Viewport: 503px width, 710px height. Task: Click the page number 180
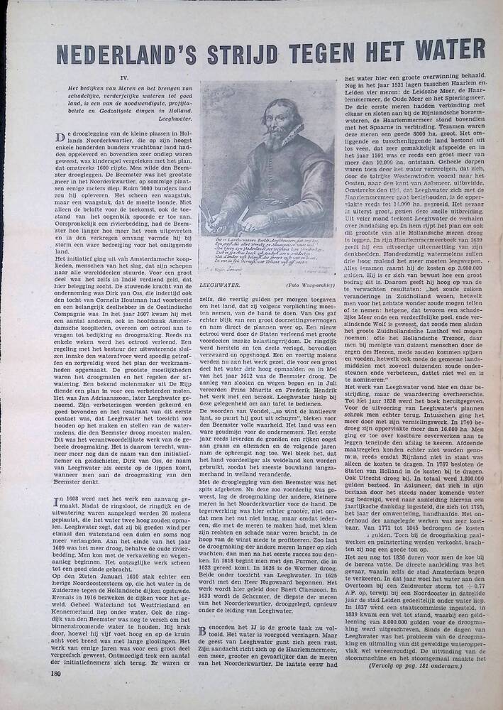(57, 672)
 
